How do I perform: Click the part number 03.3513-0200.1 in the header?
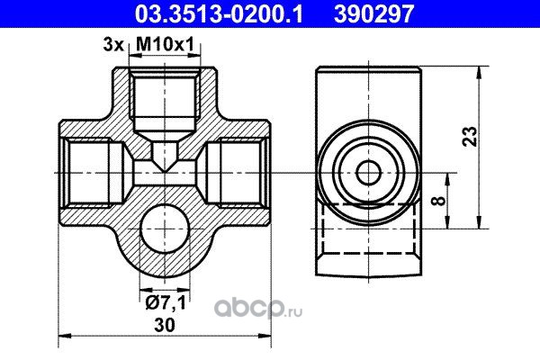point(219,13)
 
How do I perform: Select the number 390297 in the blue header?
point(373,13)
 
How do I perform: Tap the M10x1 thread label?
point(166,44)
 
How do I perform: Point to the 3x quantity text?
point(113,45)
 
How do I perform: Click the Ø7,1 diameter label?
point(166,303)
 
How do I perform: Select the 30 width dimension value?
point(165,325)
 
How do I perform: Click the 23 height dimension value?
point(470,137)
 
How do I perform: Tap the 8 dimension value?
point(438,201)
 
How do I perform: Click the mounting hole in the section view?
point(165,229)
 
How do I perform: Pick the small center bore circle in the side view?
point(369,173)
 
